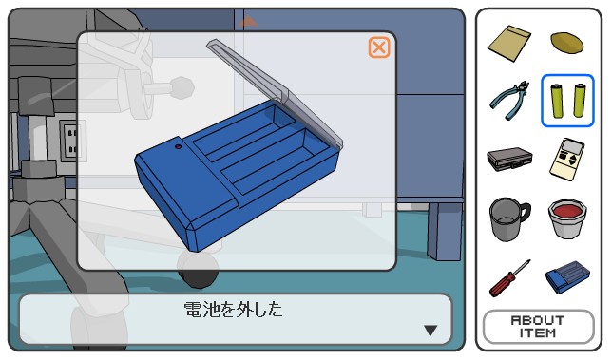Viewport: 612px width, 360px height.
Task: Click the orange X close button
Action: click(x=378, y=47)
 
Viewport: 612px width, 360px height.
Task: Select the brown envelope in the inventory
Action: click(x=509, y=43)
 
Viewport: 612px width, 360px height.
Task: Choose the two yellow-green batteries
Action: click(x=567, y=101)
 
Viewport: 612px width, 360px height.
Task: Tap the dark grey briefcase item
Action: click(x=509, y=159)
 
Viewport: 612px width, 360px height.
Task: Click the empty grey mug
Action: click(x=509, y=219)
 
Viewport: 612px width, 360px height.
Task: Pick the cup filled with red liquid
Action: click(x=567, y=218)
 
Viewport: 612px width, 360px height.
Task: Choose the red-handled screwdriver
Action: click(x=510, y=278)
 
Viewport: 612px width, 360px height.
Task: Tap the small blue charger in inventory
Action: click(x=567, y=277)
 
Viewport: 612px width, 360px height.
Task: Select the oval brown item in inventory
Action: click(x=567, y=42)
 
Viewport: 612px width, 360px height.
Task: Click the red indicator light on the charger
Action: click(x=179, y=147)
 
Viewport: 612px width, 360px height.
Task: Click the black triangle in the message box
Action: click(x=430, y=331)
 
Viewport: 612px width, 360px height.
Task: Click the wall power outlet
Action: click(x=69, y=141)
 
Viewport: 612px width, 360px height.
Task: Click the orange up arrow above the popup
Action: click(x=248, y=22)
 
